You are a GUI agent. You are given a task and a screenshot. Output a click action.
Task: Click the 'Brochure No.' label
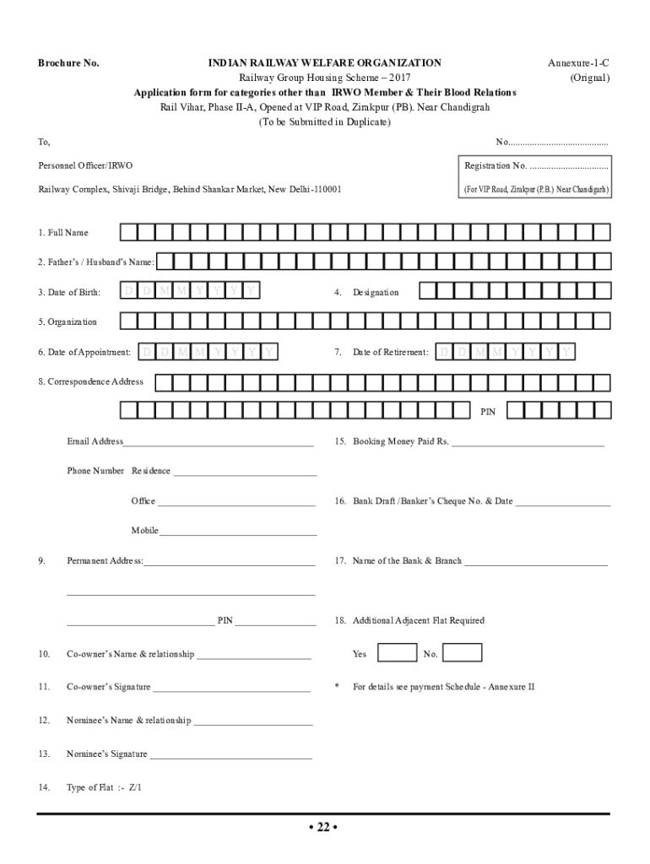pyautogui.click(x=68, y=63)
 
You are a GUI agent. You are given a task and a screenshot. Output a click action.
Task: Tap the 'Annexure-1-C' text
pyautogui.click(x=577, y=63)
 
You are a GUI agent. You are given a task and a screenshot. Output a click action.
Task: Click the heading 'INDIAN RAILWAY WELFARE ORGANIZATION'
pyautogui.click(x=325, y=63)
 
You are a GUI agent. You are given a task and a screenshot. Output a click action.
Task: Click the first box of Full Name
pyautogui.click(x=128, y=232)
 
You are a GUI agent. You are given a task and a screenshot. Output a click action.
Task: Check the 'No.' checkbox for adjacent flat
pyautogui.click(x=462, y=653)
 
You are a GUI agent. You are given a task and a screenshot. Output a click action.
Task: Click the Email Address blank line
pyautogui.click(x=219, y=443)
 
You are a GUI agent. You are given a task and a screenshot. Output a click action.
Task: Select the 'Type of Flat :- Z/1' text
pyautogui.click(x=105, y=787)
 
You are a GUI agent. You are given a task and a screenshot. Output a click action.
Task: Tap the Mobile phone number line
pyautogui.click(x=238, y=532)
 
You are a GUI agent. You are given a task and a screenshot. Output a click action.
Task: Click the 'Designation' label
pyautogui.click(x=376, y=292)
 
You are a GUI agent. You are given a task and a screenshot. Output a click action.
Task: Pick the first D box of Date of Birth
pyautogui.click(x=129, y=292)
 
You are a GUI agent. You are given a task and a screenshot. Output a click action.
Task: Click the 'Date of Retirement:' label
pyautogui.click(x=390, y=352)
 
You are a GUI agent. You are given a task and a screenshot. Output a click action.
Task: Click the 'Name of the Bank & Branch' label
pyautogui.click(x=407, y=560)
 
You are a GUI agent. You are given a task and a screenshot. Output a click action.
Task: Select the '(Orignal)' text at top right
pyautogui.click(x=589, y=78)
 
